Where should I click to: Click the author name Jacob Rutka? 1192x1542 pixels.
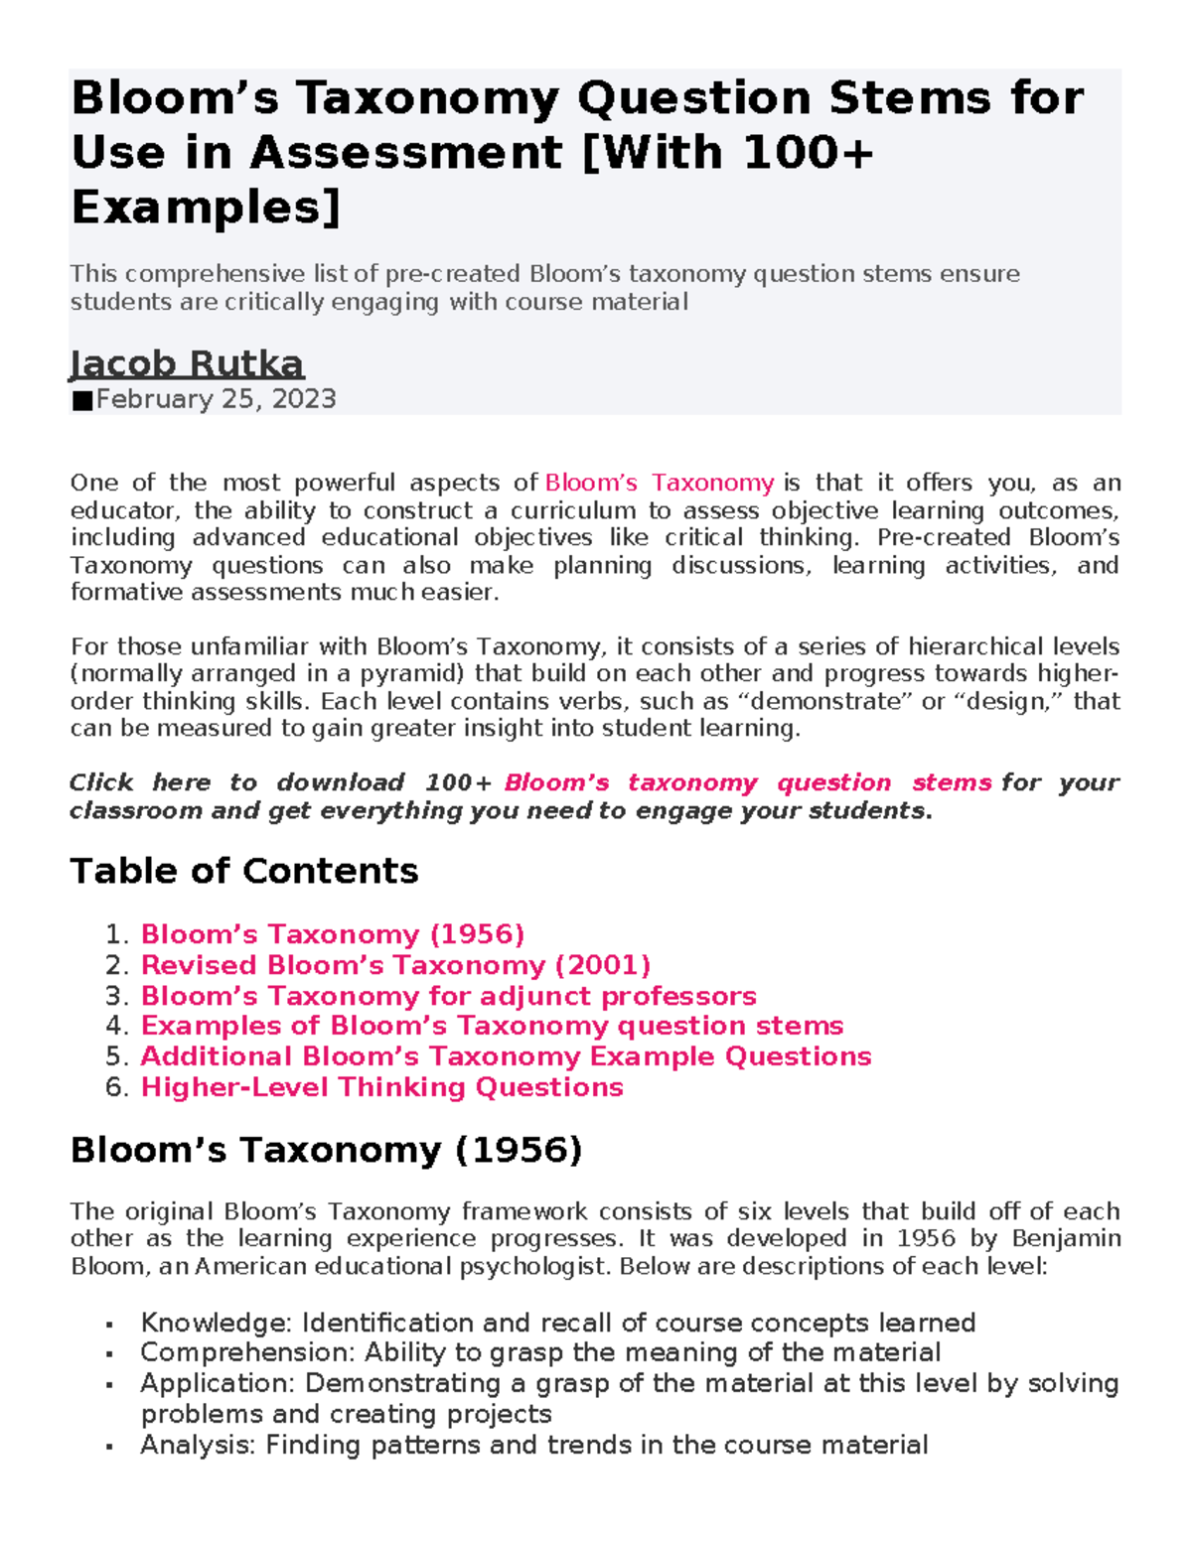187,363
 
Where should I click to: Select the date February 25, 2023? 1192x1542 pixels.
216,399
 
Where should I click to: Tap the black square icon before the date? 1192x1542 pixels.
81,400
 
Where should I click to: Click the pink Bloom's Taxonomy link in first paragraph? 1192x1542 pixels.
660,483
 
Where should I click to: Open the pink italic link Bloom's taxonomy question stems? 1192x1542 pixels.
747,782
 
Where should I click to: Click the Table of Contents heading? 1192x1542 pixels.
244,871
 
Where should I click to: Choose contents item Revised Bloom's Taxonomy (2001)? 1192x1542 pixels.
395,965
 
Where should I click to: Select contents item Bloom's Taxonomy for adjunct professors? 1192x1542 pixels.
448,996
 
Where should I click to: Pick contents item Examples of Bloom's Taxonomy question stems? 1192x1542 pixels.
492,1026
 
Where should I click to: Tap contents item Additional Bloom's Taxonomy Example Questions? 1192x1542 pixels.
506,1056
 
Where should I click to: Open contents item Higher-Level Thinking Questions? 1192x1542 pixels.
381,1087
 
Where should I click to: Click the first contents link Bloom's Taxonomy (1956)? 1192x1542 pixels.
333,934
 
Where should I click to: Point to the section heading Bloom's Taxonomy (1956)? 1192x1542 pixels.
326,1150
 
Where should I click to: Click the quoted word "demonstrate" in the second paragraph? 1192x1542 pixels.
845,701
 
